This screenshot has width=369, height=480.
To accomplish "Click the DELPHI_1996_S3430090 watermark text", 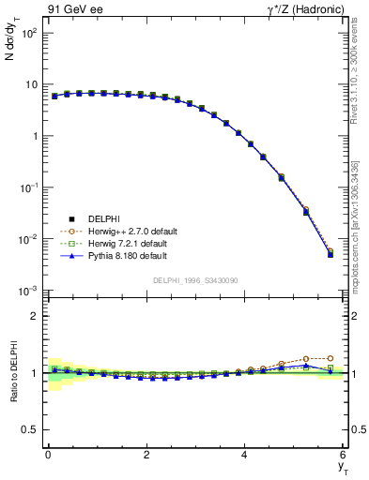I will [196, 280].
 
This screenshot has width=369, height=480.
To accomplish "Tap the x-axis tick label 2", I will [146, 457].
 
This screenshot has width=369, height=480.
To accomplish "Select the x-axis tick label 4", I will [245, 457].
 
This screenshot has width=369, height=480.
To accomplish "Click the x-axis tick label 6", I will [344, 457].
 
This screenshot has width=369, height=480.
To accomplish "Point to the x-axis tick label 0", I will [48, 457].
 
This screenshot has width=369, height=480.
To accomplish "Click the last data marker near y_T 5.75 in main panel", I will [331, 253].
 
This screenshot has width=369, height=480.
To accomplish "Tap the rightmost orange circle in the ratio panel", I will [331, 358].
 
